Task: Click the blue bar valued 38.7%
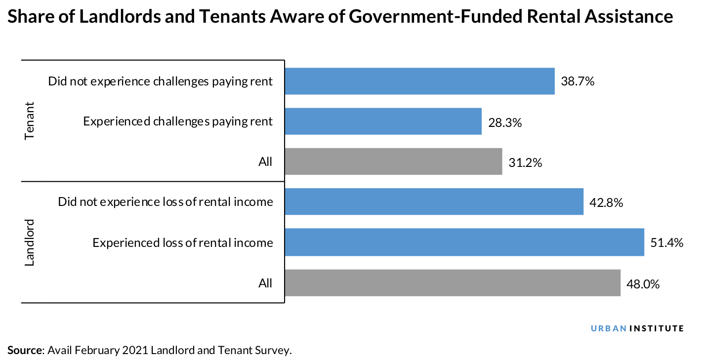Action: (x=419, y=81)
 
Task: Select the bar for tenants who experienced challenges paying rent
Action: (x=383, y=121)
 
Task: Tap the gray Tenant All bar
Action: (x=393, y=161)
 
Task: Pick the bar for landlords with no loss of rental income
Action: (x=434, y=202)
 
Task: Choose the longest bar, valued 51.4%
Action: (x=464, y=242)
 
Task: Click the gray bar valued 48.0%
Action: (x=452, y=283)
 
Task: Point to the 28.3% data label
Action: (x=505, y=122)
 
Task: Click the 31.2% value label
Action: (x=526, y=162)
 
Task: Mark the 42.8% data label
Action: (x=607, y=202)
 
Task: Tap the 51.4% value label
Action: (x=667, y=242)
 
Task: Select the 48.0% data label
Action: (x=643, y=283)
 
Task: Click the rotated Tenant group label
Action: (x=30, y=121)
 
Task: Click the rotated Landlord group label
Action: (x=30, y=242)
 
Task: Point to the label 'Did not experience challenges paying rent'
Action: (x=160, y=81)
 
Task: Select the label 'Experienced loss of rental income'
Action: (x=182, y=242)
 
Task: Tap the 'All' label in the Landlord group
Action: (x=265, y=283)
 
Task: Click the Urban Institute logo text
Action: (x=637, y=328)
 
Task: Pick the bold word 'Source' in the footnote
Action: (x=25, y=351)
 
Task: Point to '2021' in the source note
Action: (x=134, y=351)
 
